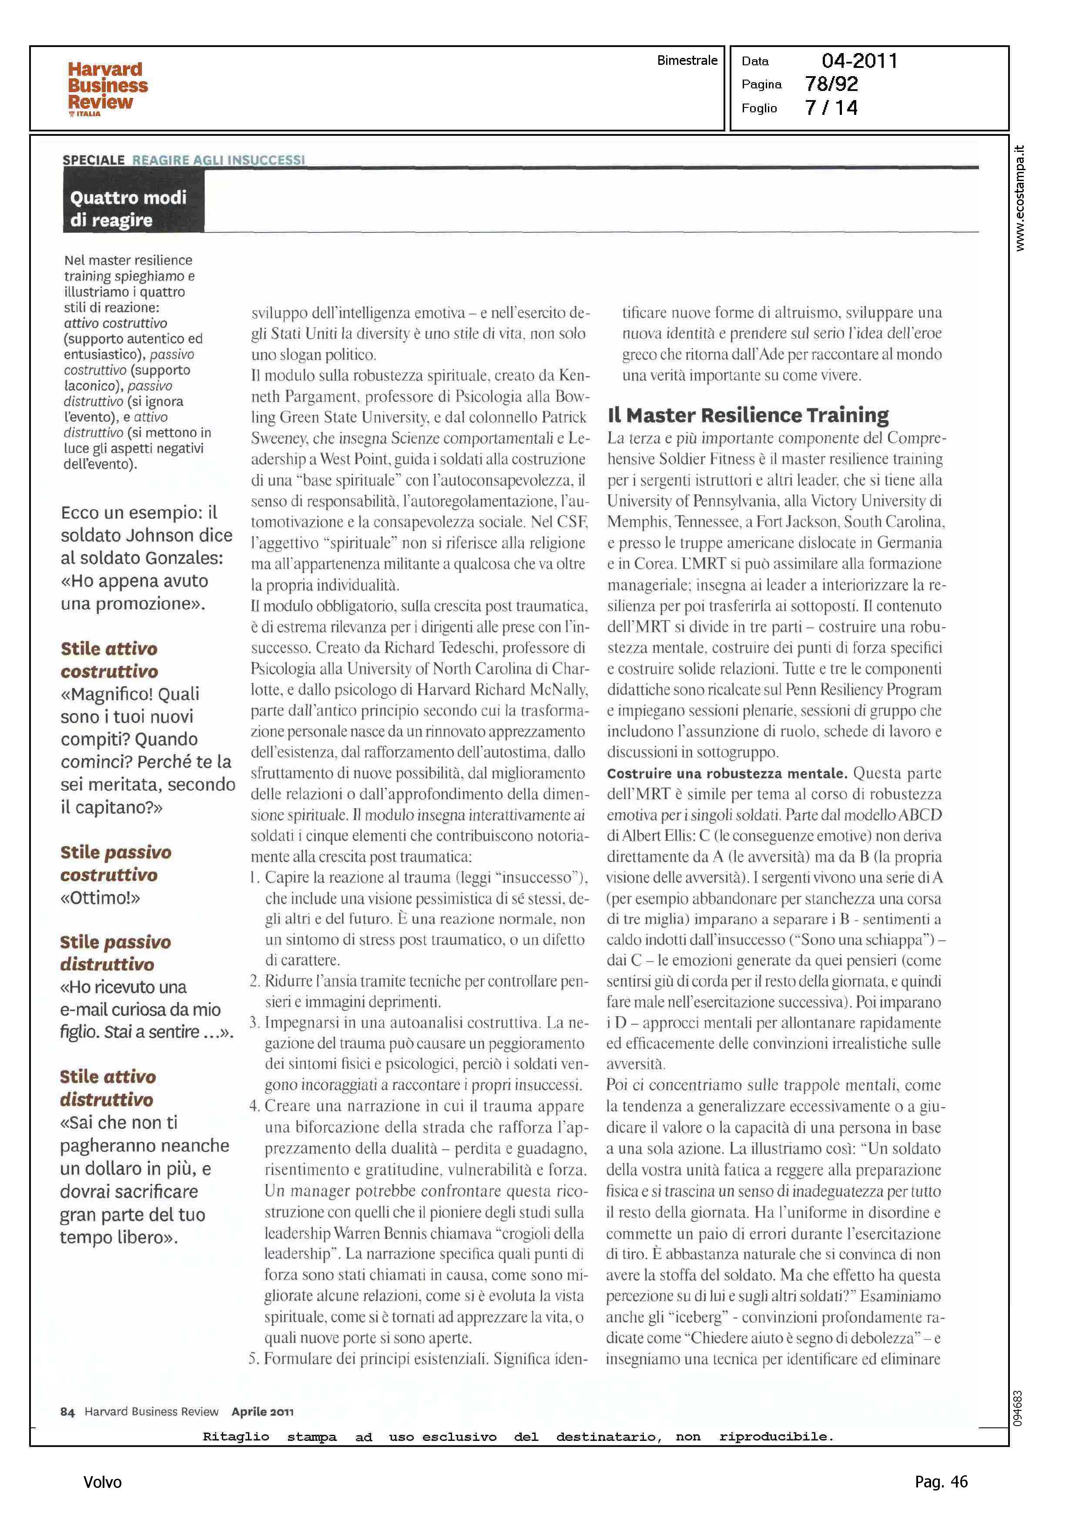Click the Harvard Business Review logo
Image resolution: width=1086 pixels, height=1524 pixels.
(x=107, y=88)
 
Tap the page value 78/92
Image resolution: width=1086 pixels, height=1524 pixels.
(x=831, y=84)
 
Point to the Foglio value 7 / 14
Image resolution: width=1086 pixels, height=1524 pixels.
(x=831, y=107)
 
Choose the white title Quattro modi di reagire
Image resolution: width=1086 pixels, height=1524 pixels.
(x=128, y=208)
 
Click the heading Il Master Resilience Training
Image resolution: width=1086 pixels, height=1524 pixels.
(x=747, y=415)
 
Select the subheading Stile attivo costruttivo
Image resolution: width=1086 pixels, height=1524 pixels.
(x=109, y=659)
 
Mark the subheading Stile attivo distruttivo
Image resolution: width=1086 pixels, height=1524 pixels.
(x=107, y=1088)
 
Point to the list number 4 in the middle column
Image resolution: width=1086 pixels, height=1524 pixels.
(x=254, y=1106)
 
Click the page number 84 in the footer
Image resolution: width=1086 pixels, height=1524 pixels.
(x=67, y=1412)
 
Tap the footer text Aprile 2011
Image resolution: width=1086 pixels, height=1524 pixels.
(x=262, y=1412)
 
